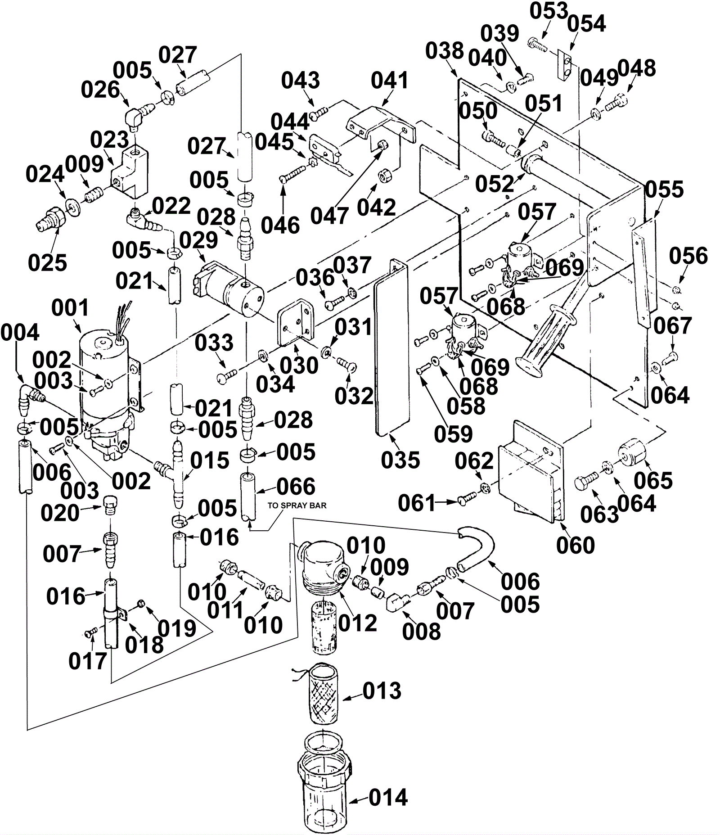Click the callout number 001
[71, 309]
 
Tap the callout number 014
[388, 798]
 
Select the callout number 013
[382, 691]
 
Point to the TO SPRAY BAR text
[297, 505]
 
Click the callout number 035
[400, 460]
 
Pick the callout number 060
[576, 545]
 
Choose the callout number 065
[653, 481]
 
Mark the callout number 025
[47, 262]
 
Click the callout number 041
[390, 81]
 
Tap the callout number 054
[586, 23]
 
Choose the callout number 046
[280, 226]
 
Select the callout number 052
[495, 184]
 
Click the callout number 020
[60, 513]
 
